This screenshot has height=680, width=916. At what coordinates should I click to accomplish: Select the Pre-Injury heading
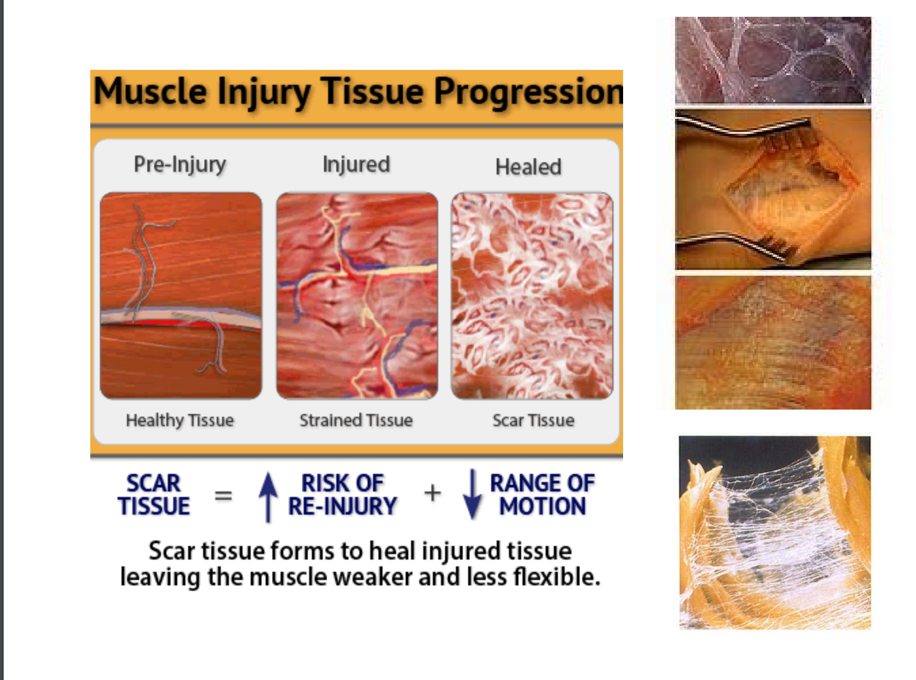[180, 164]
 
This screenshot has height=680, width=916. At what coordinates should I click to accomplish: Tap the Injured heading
[356, 164]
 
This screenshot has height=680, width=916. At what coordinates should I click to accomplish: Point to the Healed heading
[528, 167]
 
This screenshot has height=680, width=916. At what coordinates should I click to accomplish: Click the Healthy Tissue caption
[180, 420]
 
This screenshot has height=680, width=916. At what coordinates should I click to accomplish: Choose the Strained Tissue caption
[356, 420]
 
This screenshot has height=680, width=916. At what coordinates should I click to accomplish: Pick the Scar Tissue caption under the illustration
[533, 420]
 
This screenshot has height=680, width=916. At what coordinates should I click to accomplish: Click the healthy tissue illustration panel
[181, 295]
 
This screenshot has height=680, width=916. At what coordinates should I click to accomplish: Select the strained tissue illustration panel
[357, 295]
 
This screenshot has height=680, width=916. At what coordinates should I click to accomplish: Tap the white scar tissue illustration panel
[532, 295]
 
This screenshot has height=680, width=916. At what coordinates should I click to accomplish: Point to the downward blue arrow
[472, 494]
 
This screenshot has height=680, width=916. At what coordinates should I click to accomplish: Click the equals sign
[224, 495]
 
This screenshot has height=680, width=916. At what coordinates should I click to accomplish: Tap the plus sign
[433, 493]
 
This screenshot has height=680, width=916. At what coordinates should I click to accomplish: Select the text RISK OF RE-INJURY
[342, 495]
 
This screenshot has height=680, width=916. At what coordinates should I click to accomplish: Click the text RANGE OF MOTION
[542, 495]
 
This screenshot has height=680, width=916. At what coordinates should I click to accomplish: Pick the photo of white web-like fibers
[775, 532]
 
